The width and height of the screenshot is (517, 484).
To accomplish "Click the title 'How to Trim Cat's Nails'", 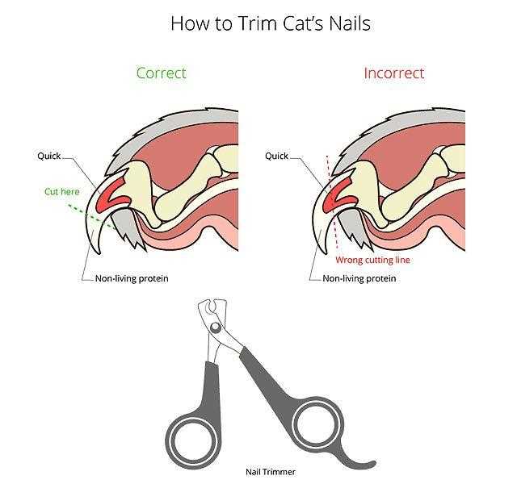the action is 271,23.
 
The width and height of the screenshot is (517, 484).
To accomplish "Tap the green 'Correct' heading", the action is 162,73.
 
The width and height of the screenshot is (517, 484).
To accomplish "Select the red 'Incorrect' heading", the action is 394,73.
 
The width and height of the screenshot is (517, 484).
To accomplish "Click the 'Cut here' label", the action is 62,192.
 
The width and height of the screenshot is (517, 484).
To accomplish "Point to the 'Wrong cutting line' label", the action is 372,260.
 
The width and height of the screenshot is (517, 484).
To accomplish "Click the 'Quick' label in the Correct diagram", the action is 48,156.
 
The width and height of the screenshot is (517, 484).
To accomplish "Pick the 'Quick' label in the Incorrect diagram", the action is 276,156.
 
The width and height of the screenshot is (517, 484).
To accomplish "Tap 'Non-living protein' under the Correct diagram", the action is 132,278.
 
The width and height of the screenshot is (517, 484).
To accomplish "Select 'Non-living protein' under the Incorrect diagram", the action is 359,278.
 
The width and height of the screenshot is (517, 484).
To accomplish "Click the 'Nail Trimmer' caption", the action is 271,472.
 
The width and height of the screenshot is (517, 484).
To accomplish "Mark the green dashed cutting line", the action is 92,217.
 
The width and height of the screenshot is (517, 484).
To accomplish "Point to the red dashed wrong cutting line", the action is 332,202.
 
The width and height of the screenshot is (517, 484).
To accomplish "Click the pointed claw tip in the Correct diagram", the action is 99,252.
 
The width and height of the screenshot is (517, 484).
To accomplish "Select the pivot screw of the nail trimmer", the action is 216,328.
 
